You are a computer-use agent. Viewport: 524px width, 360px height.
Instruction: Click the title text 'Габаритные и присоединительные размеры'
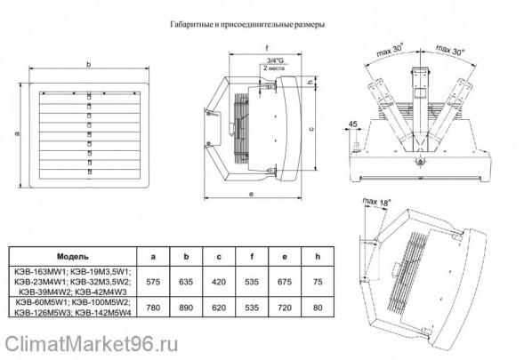(x=262, y=26)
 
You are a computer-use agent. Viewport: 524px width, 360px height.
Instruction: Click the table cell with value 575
(x=153, y=281)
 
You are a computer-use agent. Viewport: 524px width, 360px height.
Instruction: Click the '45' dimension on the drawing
(x=354, y=123)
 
